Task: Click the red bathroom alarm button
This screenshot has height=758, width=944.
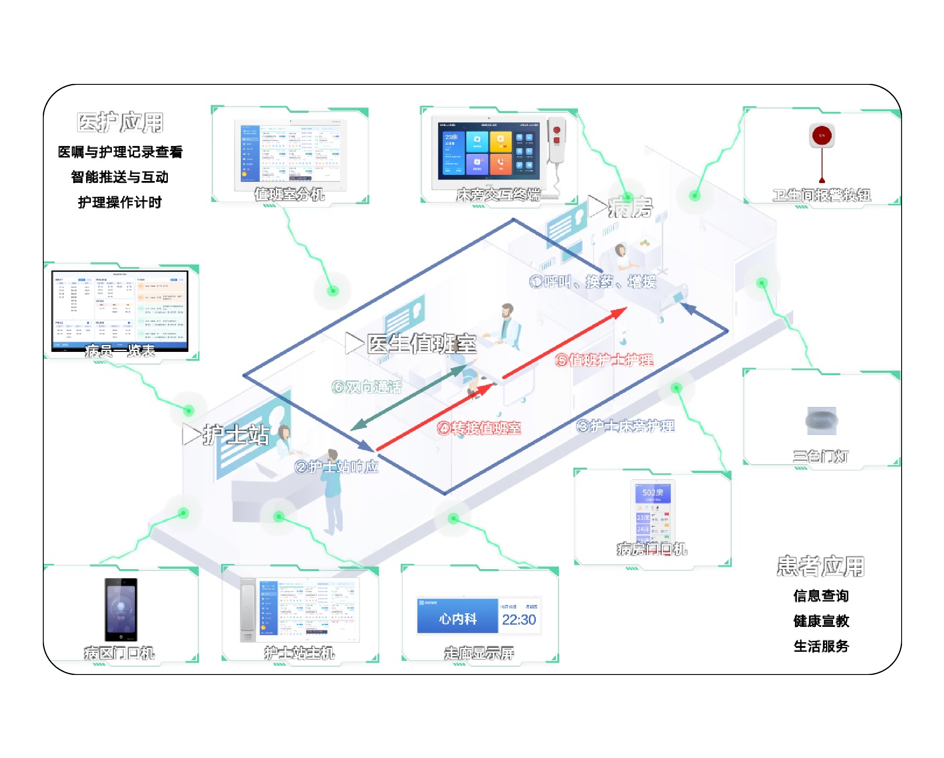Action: [x=821, y=136]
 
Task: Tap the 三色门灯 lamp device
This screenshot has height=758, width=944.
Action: [x=821, y=421]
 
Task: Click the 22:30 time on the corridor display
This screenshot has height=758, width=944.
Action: [x=519, y=619]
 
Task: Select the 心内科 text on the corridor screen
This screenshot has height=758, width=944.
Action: [x=458, y=619]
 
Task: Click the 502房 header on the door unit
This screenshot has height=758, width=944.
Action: [x=652, y=493]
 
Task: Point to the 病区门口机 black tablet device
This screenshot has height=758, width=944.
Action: [x=121, y=610]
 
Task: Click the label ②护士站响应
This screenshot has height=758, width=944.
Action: [x=336, y=467]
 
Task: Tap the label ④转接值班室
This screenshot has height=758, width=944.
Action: [x=479, y=428]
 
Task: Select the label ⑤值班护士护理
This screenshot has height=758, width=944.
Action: [x=604, y=360]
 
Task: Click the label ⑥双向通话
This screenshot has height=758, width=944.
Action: [x=367, y=387]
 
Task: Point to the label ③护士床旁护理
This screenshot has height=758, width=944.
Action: [x=625, y=426]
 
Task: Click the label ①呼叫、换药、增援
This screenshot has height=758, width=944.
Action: [x=593, y=281]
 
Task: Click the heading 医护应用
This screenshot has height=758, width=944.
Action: [x=120, y=122]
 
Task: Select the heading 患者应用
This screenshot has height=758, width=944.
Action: [x=821, y=566]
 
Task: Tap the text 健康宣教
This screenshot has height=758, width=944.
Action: [x=821, y=621]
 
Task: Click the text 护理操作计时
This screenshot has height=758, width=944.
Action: [x=120, y=202]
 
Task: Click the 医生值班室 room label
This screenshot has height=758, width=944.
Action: [x=421, y=344]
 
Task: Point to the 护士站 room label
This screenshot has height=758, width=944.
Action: [x=236, y=435]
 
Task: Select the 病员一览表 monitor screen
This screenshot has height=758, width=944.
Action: [x=120, y=310]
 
